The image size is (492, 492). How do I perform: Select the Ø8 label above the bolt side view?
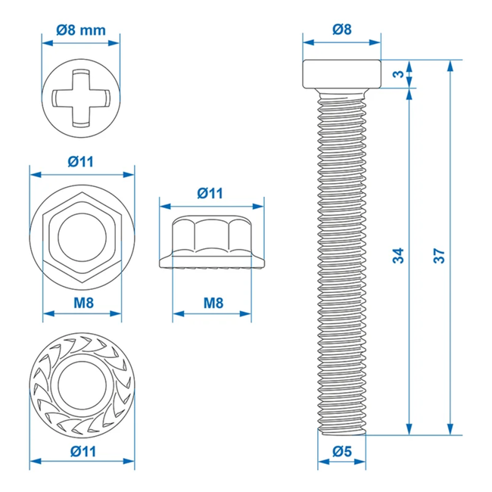point(342,30)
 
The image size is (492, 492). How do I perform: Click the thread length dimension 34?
point(399,256)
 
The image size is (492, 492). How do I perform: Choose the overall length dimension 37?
point(438,256)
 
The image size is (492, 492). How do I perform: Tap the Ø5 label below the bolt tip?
point(342,453)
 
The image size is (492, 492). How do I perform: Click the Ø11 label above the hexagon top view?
point(81,161)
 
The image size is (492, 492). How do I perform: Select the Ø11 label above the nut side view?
point(211,193)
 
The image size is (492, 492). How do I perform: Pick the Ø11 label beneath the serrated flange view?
point(81,451)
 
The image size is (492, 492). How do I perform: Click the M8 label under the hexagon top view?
point(81,303)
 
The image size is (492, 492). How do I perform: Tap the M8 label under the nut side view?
point(213,303)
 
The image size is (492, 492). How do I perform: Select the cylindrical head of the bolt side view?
point(342,73)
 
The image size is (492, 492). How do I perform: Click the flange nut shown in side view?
point(212,242)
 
